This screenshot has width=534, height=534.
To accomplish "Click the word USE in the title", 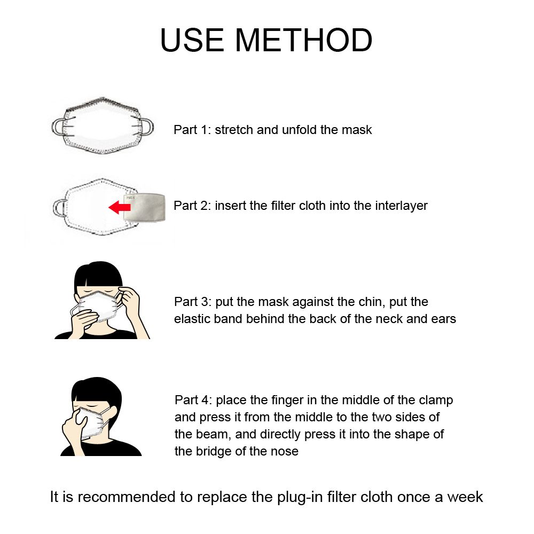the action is coord(192,40).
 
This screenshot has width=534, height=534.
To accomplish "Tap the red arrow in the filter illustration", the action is coord(120,207).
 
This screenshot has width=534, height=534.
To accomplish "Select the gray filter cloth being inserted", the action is coord(144,207).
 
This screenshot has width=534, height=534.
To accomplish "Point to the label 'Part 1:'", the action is coord(192,130).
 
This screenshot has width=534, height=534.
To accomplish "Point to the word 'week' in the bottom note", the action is coord(465,497).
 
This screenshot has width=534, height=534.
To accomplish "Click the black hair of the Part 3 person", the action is coord(98,274).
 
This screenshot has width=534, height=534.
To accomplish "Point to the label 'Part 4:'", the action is coord(193,400).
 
